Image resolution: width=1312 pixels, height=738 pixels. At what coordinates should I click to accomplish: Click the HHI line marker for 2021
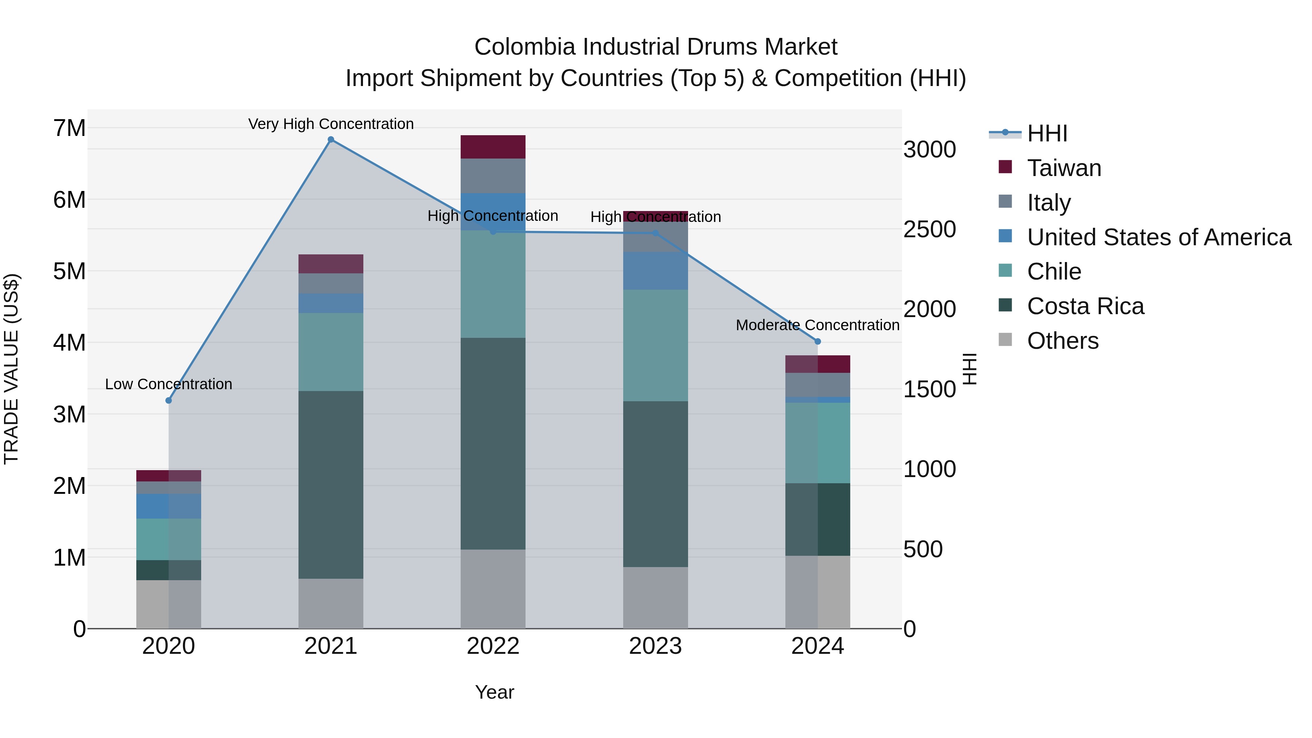(x=331, y=140)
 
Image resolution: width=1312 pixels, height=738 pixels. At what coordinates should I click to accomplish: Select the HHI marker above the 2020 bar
(x=169, y=400)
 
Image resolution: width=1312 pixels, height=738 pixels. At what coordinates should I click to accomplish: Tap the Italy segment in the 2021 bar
(x=331, y=283)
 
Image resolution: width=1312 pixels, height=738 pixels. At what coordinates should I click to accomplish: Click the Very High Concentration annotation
(x=331, y=124)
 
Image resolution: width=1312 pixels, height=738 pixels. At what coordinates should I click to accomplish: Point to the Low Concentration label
(x=169, y=384)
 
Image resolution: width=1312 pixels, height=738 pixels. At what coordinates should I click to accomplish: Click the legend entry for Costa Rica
(x=1085, y=306)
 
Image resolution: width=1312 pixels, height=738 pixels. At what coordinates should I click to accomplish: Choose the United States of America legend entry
(x=1159, y=237)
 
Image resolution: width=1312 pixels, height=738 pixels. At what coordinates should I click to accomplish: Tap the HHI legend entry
(x=1047, y=133)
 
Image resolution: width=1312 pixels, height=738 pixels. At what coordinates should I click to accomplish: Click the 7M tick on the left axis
(x=69, y=128)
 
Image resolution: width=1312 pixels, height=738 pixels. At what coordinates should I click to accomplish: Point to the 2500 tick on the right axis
(x=929, y=229)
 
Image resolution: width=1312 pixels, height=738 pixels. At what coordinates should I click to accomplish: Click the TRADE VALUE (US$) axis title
(x=11, y=369)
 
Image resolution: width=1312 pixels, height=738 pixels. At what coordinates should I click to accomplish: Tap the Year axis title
(x=494, y=692)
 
